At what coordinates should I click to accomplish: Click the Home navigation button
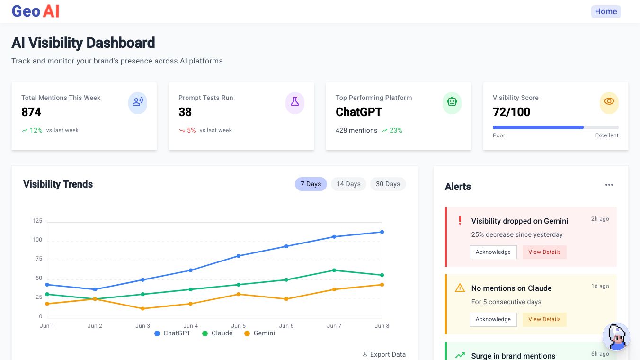606,12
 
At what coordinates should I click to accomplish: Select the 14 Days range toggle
348,184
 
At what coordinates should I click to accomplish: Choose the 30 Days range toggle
388,184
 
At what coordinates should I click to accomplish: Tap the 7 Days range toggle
311,184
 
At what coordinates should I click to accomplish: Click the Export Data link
384,354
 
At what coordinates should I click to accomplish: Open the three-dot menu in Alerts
609,185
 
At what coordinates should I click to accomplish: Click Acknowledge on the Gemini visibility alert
493,252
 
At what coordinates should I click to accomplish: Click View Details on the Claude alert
544,319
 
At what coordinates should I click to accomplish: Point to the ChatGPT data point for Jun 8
382,232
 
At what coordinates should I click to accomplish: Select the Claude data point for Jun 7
334,270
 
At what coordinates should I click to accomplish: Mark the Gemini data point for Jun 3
143,308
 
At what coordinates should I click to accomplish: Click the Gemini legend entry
259,333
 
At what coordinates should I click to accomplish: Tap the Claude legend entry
217,333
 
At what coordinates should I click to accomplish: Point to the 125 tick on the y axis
37,221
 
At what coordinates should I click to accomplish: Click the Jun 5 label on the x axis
239,326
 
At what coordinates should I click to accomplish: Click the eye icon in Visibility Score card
609,101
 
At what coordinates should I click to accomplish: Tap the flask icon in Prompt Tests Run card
295,101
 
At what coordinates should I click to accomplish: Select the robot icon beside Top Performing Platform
452,101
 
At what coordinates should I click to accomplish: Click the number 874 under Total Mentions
31,112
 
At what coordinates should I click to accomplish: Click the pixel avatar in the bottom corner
616,337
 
